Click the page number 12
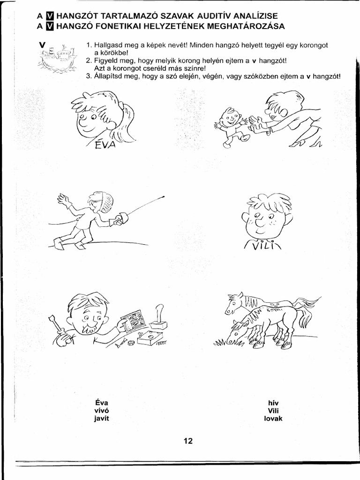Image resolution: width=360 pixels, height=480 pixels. point(188,441)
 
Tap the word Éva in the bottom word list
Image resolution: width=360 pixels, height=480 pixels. point(101,402)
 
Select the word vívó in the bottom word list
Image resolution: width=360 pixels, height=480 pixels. point(101,410)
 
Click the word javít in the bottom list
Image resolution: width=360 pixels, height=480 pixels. point(101,419)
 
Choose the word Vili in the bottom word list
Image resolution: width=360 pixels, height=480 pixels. point(273,410)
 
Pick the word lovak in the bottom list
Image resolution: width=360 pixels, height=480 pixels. point(273,419)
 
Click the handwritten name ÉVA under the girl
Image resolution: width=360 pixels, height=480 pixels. point(104,144)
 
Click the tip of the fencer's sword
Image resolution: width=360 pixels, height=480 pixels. point(164,196)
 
